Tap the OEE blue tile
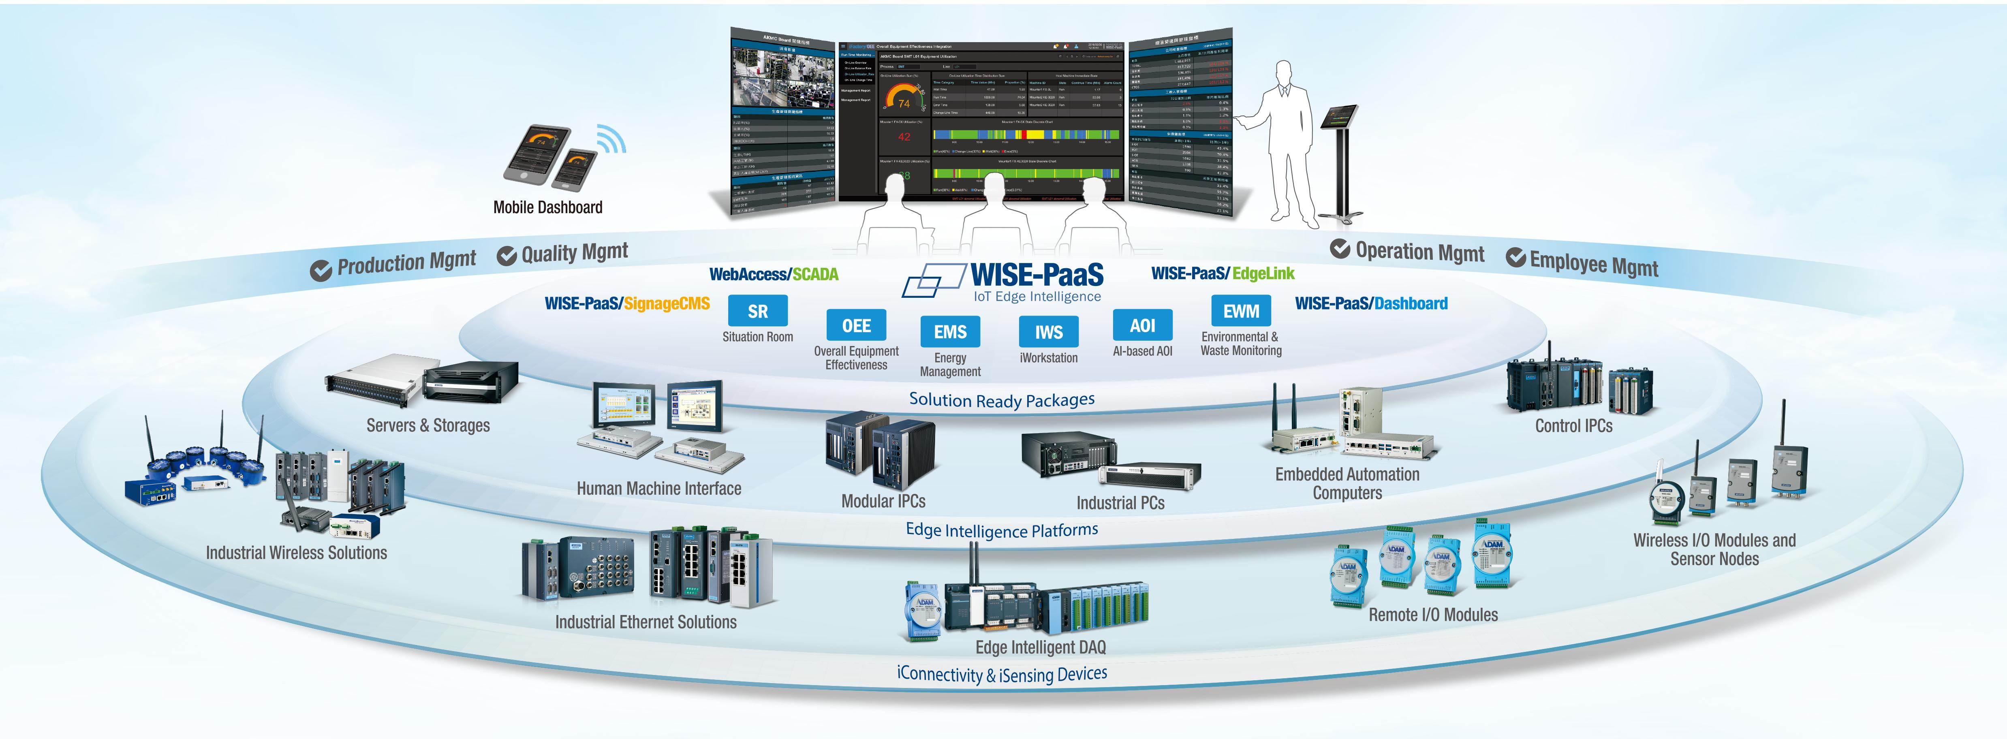(856, 325)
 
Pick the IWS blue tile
(1049, 332)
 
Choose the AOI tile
(1142, 325)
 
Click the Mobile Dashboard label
(548, 207)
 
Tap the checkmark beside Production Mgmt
(320, 271)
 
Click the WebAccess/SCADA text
(774, 274)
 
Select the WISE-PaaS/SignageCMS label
(627, 304)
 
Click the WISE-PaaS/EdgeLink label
(1223, 273)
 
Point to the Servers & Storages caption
(428, 425)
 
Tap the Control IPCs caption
(1573, 426)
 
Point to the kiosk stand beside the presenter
(1342, 164)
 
